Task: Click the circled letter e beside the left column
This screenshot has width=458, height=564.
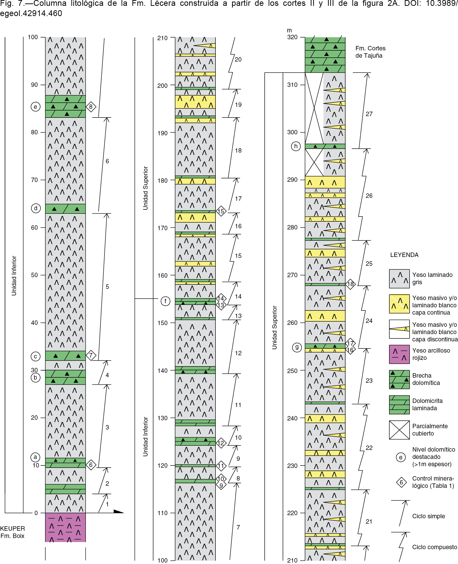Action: (36, 107)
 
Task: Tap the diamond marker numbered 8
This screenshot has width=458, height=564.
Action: (91, 107)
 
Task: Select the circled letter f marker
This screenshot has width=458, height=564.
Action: (165, 301)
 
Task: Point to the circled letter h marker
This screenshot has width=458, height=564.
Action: (296, 146)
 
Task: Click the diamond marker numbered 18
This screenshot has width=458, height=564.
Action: (350, 284)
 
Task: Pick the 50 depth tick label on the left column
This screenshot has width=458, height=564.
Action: (34, 275)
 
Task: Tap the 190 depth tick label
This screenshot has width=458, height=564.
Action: (162, 133)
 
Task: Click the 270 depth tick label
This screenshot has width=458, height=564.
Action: (292, 275)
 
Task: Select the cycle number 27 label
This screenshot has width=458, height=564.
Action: (369, 114)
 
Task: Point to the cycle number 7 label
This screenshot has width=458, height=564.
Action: (238, 527)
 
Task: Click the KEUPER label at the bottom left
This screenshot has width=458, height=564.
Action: (12, 528)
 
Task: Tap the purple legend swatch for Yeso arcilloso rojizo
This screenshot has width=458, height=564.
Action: (399, 354)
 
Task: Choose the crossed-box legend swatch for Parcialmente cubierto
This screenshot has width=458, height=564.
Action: (399, 430)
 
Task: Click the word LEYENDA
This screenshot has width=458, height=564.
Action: (404, 255)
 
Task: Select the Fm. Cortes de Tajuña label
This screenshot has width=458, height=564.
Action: (370, 52)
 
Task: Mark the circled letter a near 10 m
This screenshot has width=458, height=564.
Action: (35, 457)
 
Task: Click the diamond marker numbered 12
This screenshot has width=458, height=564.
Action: (221, 443)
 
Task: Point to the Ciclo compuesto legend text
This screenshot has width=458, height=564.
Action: (435, 547)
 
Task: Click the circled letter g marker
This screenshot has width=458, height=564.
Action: (297, 347)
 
